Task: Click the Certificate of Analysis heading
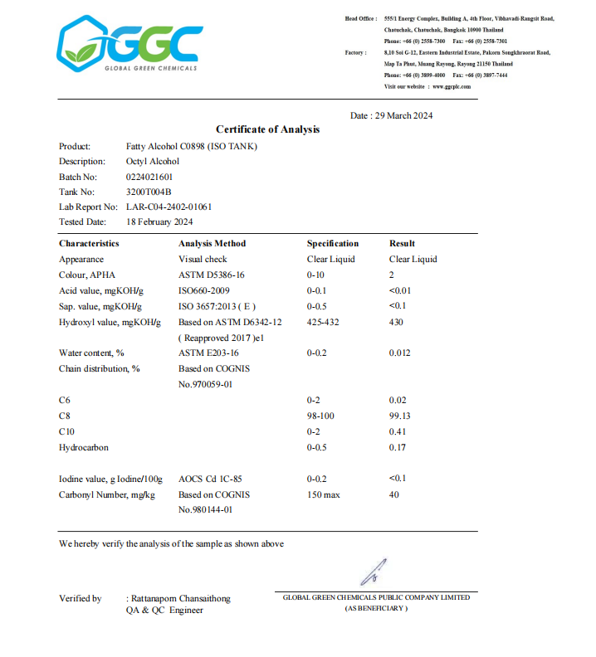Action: pos(267,129)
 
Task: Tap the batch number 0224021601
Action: pos(149,177)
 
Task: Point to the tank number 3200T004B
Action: pos(148,192)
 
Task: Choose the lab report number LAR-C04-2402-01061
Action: pos(169,207)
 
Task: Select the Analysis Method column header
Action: pos(212,244)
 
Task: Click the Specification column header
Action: pos(333,244)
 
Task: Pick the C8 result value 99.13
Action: pos(400,416)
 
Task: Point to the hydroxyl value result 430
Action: pos(396,321)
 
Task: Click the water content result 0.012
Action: pos(399,353)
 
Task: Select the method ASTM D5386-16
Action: pos(211,275)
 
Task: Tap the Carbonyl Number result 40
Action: pos(394,495)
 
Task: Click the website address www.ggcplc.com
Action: pos(452,86)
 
